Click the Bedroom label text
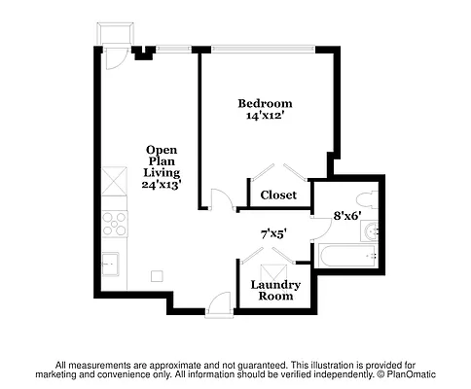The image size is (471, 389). [265, 102]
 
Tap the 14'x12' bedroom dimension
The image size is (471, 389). [265, 116]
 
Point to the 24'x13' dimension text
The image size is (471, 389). [162, 184]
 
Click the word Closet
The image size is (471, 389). [278, 194]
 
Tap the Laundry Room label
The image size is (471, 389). [276, 290]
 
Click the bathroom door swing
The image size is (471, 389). [318, 227]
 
